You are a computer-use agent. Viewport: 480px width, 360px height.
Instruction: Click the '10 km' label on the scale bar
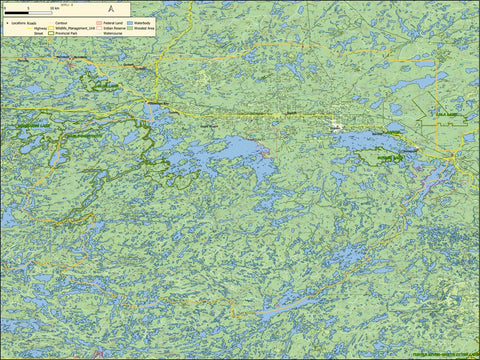coord(54,8)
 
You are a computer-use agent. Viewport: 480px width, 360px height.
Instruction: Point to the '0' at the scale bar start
coord(5,8)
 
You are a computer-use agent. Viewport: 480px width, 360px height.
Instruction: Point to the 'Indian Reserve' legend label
coord(114,27)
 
